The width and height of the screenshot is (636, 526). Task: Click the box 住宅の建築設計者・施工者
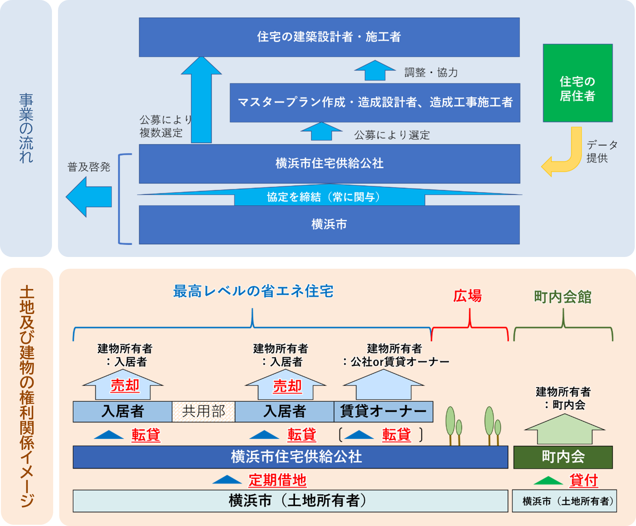329,37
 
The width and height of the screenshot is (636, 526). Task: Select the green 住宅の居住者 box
578,83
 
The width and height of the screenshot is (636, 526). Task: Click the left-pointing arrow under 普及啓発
89,197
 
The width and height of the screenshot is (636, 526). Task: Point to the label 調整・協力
431,73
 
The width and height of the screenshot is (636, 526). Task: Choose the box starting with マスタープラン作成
375,103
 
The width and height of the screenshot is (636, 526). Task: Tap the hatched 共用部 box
204,412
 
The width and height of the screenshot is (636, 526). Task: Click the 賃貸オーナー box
383,412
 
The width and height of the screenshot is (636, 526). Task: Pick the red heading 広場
467,296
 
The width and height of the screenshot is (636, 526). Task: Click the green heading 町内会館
563,297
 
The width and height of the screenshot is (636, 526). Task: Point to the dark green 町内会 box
563,457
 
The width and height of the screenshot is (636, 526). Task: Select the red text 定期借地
277,480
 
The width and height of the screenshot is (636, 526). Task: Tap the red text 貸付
584,480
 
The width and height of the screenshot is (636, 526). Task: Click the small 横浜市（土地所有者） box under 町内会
564,501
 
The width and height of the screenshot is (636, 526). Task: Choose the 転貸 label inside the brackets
396,435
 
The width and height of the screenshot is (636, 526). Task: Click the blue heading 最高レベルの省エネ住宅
253,291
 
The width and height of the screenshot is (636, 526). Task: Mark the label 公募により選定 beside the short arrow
392,135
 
